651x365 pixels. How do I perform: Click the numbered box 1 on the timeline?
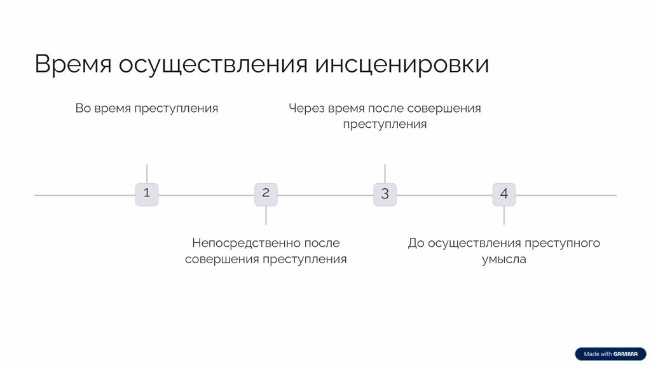tap(147, 194)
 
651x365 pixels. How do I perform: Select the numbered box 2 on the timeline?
tap(266, 194)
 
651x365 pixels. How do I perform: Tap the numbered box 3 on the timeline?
tap(385, 194)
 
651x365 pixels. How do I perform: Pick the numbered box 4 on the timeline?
tap(504, 194)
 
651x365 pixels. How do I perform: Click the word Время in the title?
tap(73, 65)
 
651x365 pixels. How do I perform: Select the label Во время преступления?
tap(147, 108)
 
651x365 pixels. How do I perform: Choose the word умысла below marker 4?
tap(504, 259)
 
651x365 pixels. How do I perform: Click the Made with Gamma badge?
tap(610, 354)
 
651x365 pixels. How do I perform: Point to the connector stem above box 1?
tap(147, 174)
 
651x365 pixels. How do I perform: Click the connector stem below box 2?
tap(266, 216)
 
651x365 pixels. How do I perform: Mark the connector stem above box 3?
tap(385, 174)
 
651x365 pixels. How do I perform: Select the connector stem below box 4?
tap(504, 216)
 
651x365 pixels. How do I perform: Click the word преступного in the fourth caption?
tap(563, 243)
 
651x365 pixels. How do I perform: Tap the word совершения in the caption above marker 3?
tap(444, 108)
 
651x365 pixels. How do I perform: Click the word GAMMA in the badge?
tap(626, 354)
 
